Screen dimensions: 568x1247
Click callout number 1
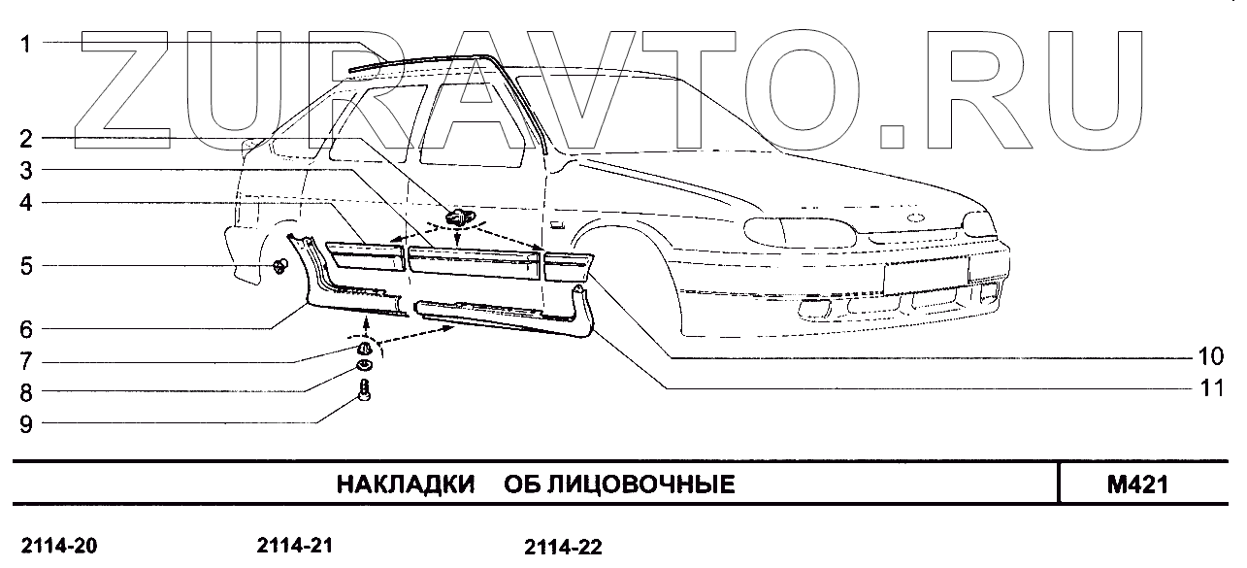27,44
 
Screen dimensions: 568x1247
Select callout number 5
27,265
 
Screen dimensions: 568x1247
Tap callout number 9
27,423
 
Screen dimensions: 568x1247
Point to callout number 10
1209,356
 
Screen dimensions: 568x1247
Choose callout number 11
1209,388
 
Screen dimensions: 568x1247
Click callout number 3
27,171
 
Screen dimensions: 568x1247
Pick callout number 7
27,361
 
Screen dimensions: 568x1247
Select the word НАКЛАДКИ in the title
405,484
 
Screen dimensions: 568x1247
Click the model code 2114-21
295,546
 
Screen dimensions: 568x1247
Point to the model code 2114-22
563,548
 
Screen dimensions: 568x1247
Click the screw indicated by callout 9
365,391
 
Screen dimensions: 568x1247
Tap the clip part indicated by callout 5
279,266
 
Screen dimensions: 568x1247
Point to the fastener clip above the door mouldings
456,219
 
